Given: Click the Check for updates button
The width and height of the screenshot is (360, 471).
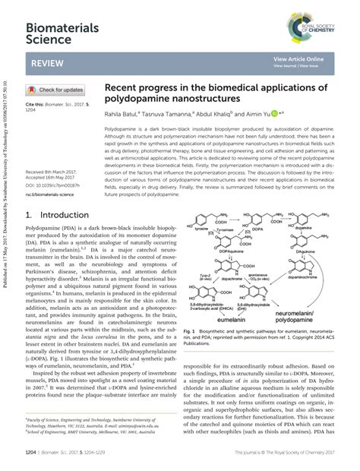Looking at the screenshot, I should [x=55, y=90].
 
